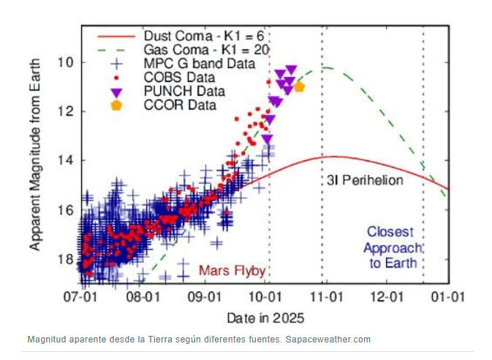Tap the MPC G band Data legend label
point(199,64)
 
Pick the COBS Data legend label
point(180,78)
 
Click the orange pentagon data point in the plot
point(299,86)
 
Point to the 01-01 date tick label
point(448,298)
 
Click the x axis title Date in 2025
point(265,318)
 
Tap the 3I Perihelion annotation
point(363,180)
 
